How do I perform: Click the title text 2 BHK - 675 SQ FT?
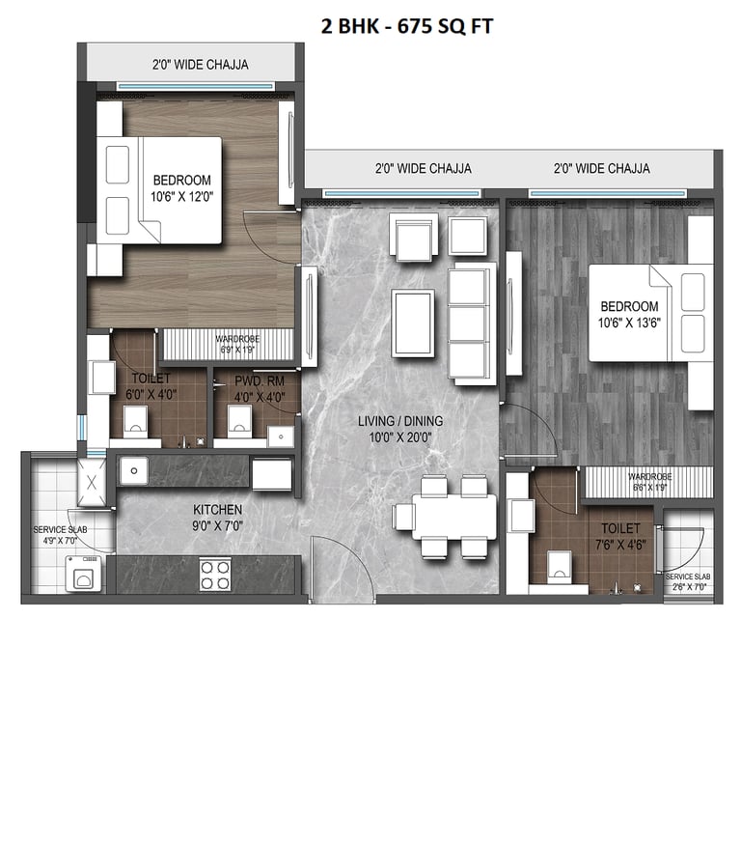406,26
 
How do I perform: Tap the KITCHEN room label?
217,509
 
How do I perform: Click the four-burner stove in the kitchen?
215,575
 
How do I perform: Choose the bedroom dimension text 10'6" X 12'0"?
181,195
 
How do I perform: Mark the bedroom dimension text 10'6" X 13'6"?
629,322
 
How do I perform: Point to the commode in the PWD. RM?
238,418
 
